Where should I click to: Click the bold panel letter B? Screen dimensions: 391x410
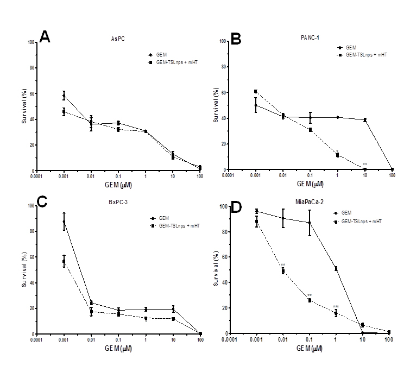coord(237,38)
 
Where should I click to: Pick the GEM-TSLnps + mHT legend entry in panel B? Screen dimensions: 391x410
coord(360,54)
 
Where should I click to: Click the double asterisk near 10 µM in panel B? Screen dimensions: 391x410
coord(365,165)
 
